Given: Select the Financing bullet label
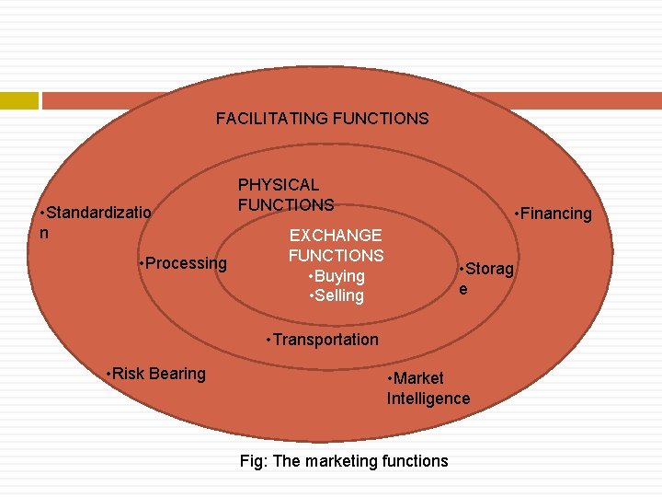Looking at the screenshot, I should point(555,214).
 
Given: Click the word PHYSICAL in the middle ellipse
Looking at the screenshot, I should point(279,185).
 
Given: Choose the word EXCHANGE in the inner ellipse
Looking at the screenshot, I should point(336,236).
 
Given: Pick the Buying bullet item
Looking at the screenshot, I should point(338,276).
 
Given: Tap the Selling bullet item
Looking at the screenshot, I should point(338,295).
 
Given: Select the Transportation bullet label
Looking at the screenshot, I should point(323,340).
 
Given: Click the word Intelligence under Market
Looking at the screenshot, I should point(428,399).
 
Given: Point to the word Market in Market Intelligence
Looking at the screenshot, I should point(418,378).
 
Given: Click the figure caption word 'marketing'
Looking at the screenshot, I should point(339,461).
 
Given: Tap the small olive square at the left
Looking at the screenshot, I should point(19,100).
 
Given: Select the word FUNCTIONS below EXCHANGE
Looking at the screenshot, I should point(336,256).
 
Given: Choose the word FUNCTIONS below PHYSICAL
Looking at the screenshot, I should point(286,204).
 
